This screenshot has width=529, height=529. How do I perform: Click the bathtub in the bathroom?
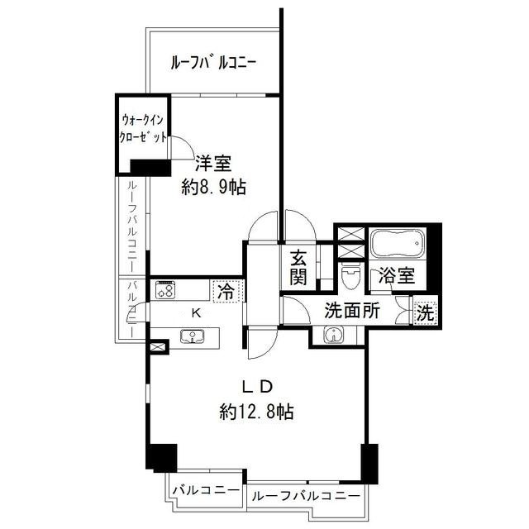tap(398, 243)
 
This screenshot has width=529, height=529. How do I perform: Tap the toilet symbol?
tap(350, 276)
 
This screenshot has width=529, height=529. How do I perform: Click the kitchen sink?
tap(193, 336)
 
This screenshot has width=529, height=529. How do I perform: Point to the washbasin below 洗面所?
tap(334, 336)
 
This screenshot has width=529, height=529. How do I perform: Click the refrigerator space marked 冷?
tap(226, 292)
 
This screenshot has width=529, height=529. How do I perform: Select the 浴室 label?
tap(397, 275)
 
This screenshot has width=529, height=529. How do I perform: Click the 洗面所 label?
tap(352, 311)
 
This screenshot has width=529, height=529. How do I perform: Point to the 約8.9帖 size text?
tap(213, 187)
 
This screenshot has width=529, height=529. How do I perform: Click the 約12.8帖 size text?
tap(256, 412)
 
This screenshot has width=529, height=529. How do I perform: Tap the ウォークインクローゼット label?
tap(143, 129)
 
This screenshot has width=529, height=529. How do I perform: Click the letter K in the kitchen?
tap(196, 313)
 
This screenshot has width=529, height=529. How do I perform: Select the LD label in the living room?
tap(258, 387)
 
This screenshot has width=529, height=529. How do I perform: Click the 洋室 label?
tap(213, 164)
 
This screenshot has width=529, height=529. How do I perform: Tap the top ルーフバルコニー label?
tap(213, 63)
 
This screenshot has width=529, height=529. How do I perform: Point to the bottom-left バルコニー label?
tap(206, 489)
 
